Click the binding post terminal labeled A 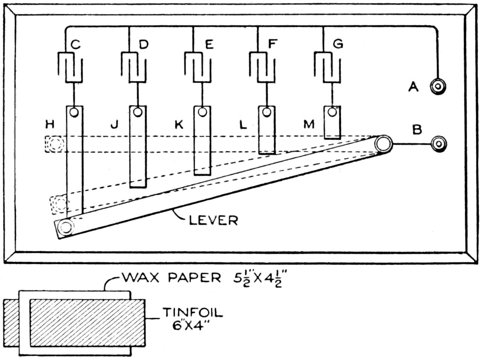[x=438, y=87]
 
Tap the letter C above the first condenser [x=76, y=44]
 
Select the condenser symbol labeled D [x=134, y=67]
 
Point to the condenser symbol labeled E [x=197, y=67]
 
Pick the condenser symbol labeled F [x=262, y=67]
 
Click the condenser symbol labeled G [x=327, y=67]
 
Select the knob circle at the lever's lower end [x=66, y=227]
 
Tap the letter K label [x=179, y=124]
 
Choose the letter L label [x=243, y=124]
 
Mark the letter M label [x=309, y=124]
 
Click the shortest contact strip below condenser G [x=333, y=122]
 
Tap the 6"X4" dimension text [x=188, y=325]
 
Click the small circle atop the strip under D [x=138, y=112]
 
